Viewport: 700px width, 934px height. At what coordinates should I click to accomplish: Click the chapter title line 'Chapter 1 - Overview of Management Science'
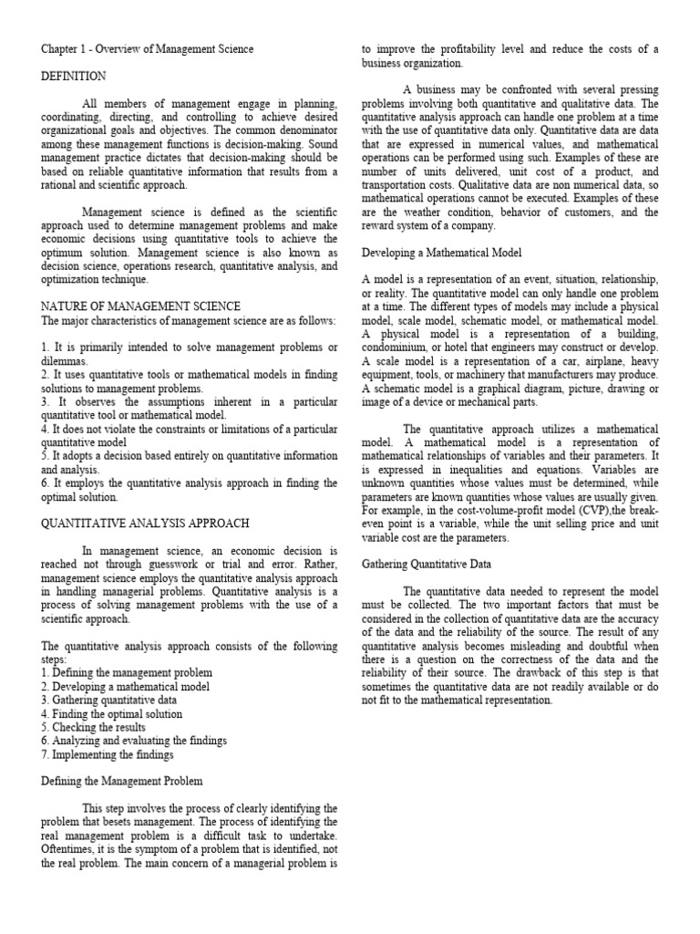pyautogui.click(x=148, y=48)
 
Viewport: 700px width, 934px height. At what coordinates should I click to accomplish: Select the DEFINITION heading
pyautogui.click(x=73, y=77)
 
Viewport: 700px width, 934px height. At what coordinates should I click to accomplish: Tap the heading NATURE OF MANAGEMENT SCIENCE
pyautogui.click(x=140, y=306)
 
